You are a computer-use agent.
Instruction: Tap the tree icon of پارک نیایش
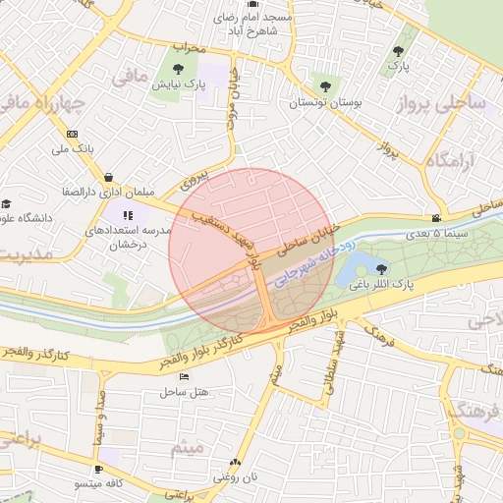point(178,69)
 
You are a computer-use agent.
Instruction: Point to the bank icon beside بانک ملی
point(72,134)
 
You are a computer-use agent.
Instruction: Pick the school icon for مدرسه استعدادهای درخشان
point(127,215)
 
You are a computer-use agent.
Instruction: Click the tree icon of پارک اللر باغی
point(382,269)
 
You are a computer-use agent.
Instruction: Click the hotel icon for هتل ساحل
point(184,377)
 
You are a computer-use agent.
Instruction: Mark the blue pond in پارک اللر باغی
point(356,266)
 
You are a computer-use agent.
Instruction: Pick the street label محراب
point(191,46)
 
